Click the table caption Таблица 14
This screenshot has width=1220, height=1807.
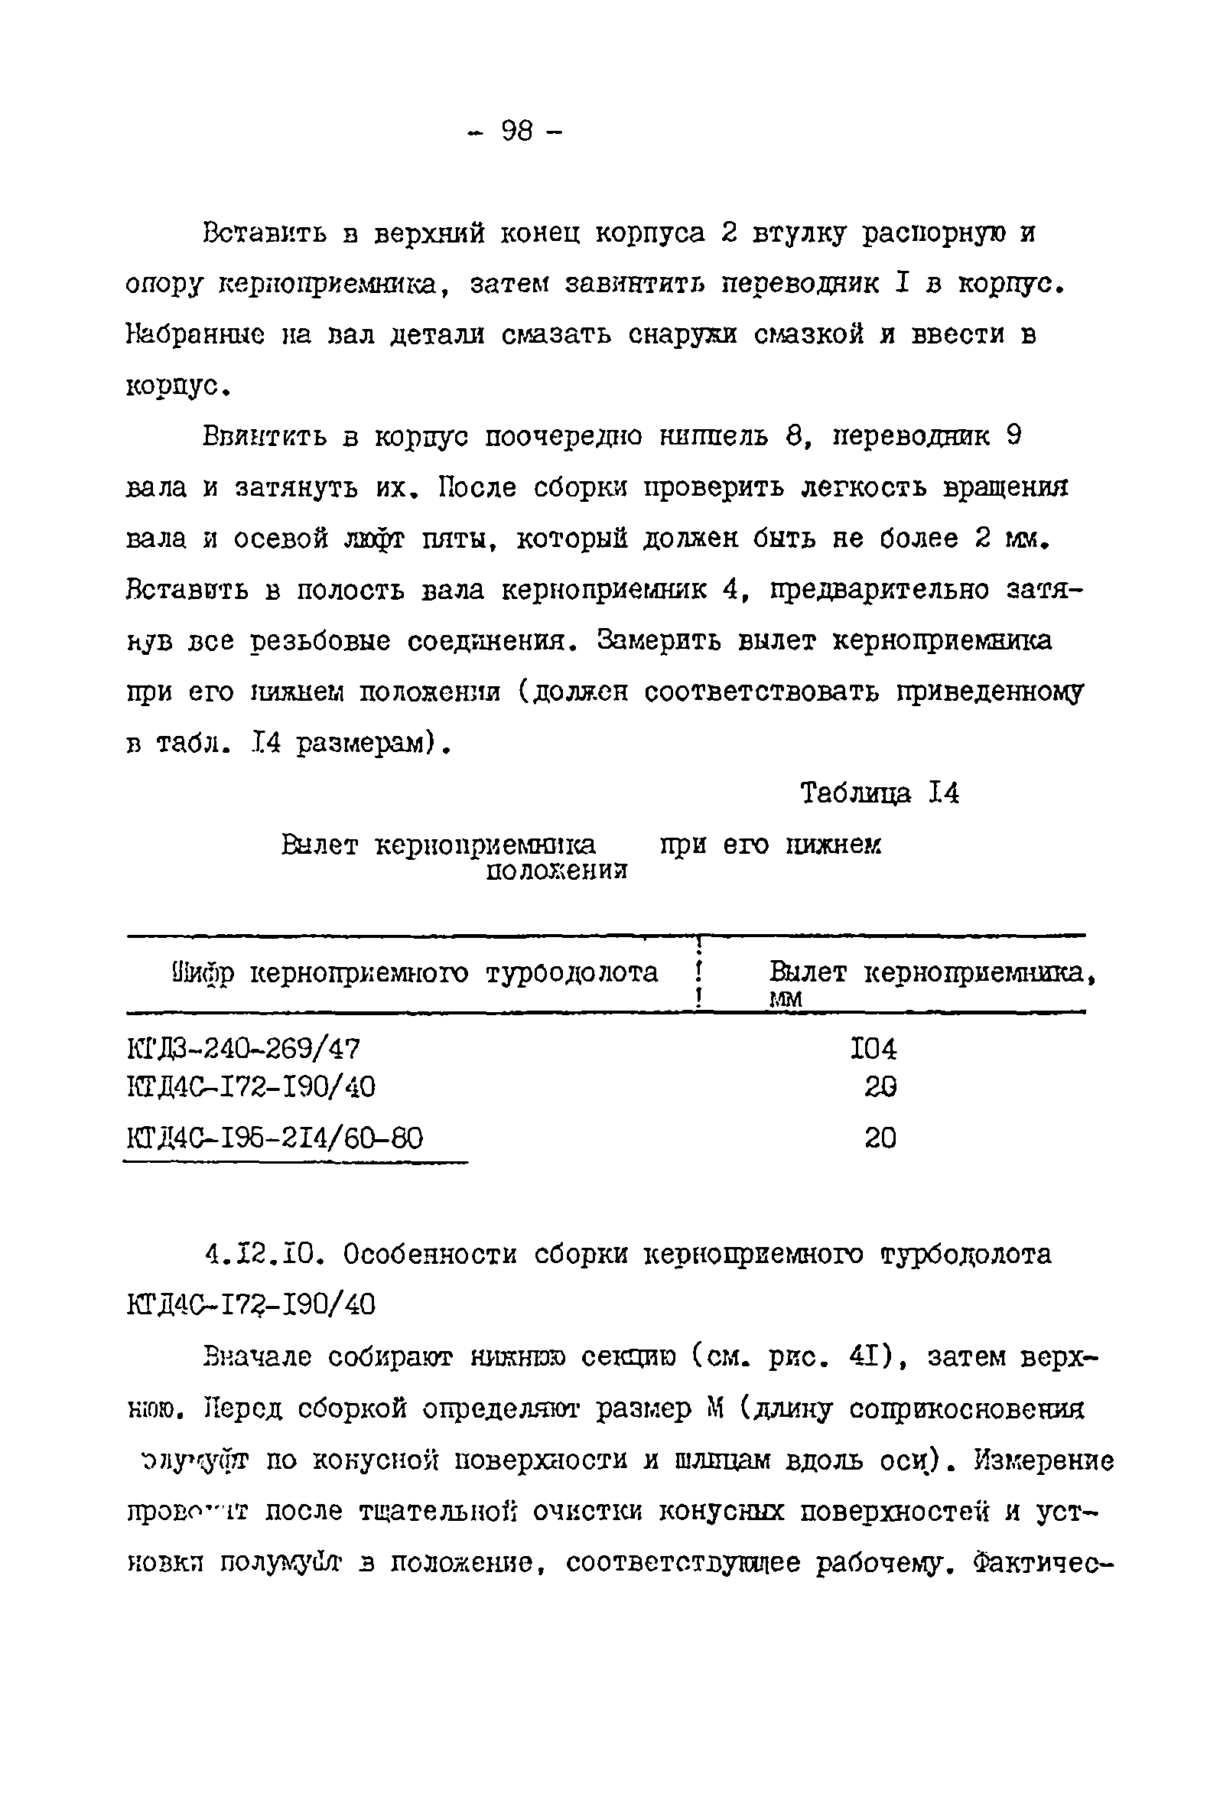point(880,793)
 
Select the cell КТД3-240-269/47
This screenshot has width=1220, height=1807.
point(243,1050)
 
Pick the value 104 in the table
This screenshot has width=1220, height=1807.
point(874,1050)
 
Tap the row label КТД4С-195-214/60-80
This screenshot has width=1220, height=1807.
point(275,1138)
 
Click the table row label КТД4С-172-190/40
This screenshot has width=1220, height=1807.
point(250,1086)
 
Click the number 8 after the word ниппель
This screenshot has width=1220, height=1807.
point(793,436)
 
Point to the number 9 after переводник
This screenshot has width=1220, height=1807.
point(1013,436)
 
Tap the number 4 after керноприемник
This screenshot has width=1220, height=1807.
point(730,590)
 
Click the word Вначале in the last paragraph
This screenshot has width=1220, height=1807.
point(257,1357)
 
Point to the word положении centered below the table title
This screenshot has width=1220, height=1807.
point(557,871)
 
